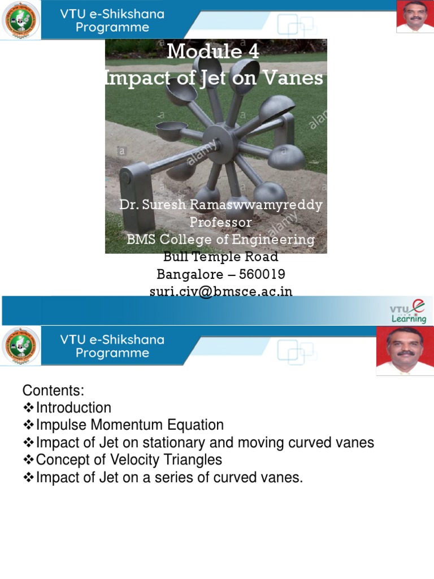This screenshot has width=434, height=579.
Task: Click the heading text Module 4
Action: point(213,51)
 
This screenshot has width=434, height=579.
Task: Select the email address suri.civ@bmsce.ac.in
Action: point(221,291)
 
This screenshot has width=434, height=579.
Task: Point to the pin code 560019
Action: point(262,274)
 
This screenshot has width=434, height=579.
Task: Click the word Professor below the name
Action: point(220,222)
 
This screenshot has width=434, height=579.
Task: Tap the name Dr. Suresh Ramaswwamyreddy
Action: point(221,204)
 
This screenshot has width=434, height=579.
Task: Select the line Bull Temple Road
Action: point(221,257)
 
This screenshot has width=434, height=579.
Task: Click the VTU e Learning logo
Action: point(408,311)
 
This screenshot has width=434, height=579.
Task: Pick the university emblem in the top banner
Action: point(21,20)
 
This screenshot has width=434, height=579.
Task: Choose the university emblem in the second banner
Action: point(21,346)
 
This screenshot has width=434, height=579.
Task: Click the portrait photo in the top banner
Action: point(415,17)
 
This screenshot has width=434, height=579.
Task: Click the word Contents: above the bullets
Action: point(53,390)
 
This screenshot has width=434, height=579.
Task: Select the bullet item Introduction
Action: point(73,408)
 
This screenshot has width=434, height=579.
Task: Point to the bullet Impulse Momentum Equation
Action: point(130,425)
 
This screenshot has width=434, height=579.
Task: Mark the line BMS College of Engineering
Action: point(220,239)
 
